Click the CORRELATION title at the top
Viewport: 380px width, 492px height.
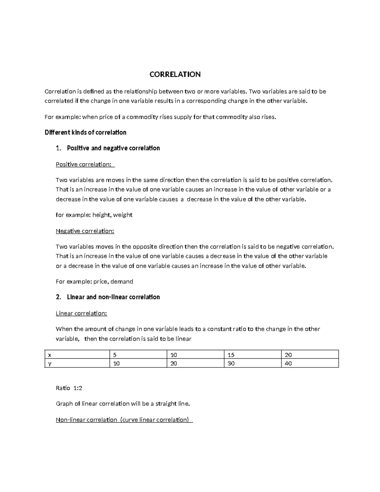(x=175, y=74)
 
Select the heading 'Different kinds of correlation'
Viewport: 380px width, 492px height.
(x=85, y=132)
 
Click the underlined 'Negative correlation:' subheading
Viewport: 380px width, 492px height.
(x=85, y=231)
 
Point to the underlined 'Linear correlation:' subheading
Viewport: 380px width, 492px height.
(x=81, y=313)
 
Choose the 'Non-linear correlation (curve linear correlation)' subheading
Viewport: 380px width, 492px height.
(x=124, y=420)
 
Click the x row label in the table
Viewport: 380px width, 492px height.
(x=49, y=355)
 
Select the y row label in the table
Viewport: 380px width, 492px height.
(x=49, y=363)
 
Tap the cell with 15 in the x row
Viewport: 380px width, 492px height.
(x=231, y=355)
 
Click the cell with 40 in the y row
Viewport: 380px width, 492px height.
(x=288, y=363)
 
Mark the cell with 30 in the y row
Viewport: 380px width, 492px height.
(x=231, y=363)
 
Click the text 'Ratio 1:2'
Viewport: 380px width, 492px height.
(x=69, y=388)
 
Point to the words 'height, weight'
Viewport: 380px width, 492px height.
(x=112, y=215)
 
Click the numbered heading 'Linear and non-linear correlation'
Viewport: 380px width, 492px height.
(x=113, y=297)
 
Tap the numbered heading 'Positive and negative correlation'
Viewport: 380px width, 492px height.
(x=113, y=148)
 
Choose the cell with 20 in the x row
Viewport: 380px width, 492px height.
(x=288, y=355)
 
